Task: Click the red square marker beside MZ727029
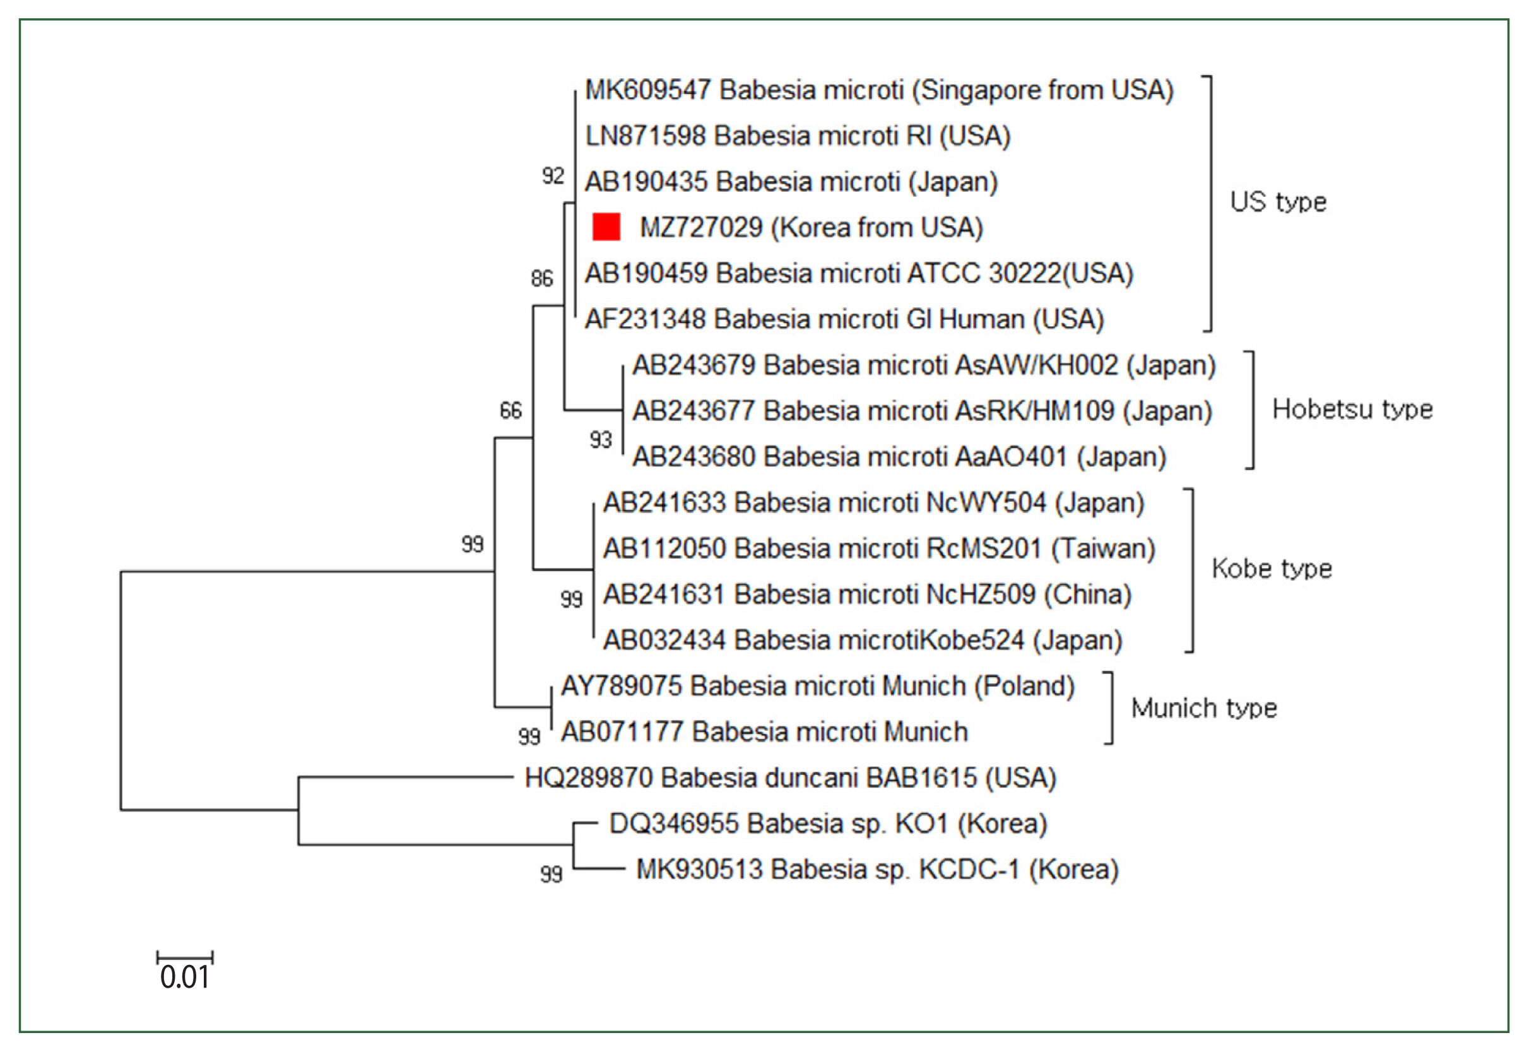[606, 227]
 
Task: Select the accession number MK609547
[648, 90]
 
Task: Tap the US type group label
[1277, 203]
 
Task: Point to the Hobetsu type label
[1352, 410]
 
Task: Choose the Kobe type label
[1272, 568]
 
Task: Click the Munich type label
[1203, 708]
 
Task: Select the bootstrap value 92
[553, 176]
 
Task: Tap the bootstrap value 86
[541, 278]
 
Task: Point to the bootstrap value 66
[510, 411]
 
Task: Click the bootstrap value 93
[600, 440]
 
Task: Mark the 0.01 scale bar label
[184, 977]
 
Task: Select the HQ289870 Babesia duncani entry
[789, 777]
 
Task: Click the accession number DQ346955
[673, 824]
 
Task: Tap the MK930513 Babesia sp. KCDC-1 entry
[877, 870]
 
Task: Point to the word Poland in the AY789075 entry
[1024, 686]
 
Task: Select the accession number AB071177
[622, 731]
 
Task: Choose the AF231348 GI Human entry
[844, 319]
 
